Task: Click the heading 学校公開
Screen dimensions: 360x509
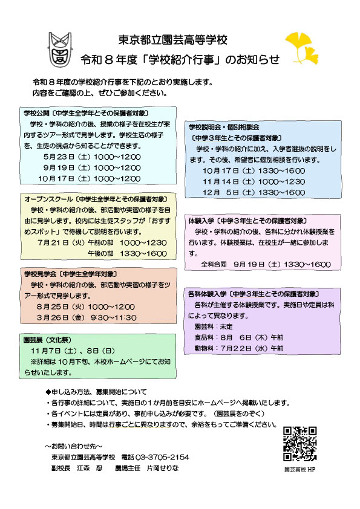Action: point(36,113)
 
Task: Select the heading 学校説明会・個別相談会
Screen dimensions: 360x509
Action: point(223,128)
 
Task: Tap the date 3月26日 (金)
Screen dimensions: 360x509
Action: point(59,317)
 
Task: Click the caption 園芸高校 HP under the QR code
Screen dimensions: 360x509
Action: point(300,469)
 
